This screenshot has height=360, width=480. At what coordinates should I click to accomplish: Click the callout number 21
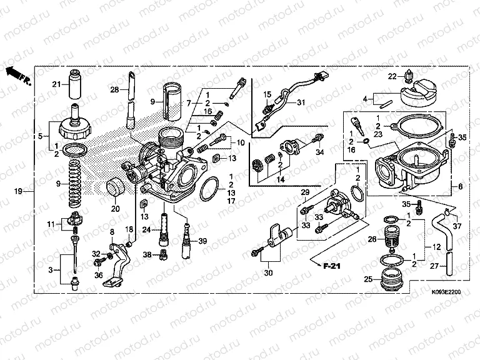[56, 84]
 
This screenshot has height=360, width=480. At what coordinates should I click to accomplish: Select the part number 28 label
[114, 90]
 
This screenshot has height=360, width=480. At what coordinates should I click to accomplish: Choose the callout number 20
[114, 209]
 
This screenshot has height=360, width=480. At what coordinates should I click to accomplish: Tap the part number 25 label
[368, 279]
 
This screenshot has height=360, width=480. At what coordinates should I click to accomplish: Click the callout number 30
[270, 273]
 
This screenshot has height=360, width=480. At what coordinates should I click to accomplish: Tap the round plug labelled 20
[115, 188]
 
